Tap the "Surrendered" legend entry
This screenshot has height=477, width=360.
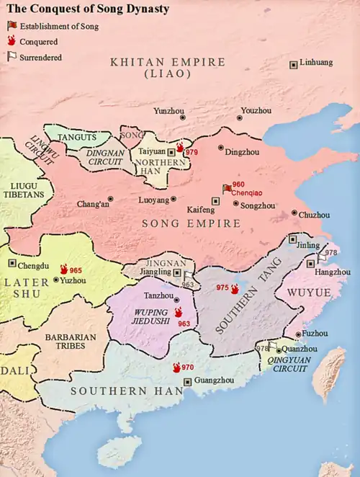(x=40, y=57)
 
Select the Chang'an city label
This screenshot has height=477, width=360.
(x=92, y=204)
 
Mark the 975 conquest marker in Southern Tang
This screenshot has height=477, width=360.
(x=228, y=288)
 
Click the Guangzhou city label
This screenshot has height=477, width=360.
(x=215, y=381)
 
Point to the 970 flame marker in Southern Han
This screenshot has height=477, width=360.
(x=182, y=367)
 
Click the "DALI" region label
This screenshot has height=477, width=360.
(x=15, y=370)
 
